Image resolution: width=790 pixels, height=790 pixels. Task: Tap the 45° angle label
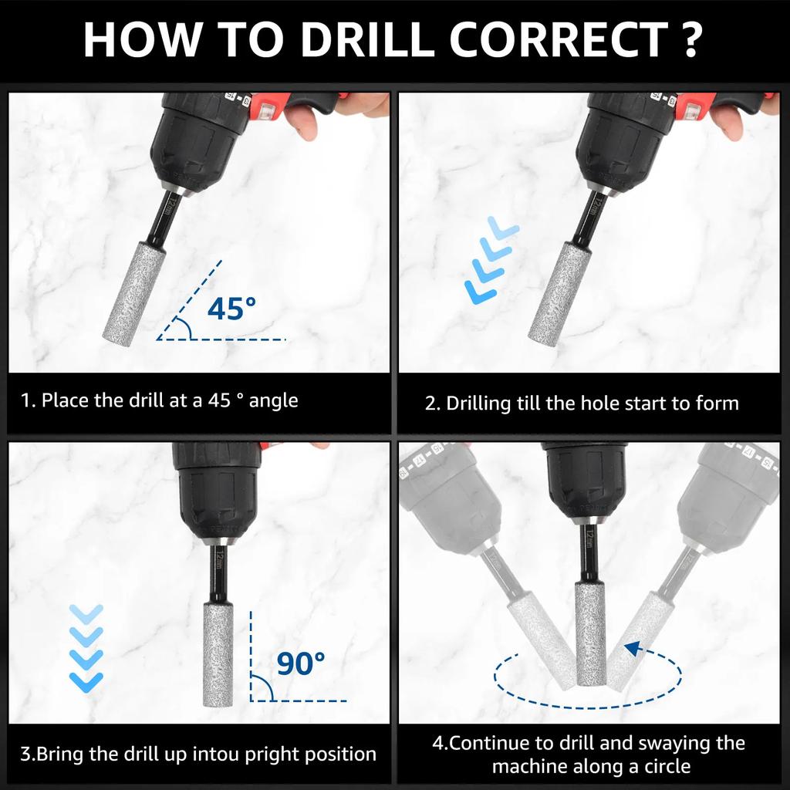[x=231, y=309]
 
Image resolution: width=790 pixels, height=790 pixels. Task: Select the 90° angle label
[x=300, y=663]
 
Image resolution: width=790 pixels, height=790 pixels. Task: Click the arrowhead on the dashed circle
[x=633, y=649]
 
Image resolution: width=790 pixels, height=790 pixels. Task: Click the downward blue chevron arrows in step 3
[x=86, y=647]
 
